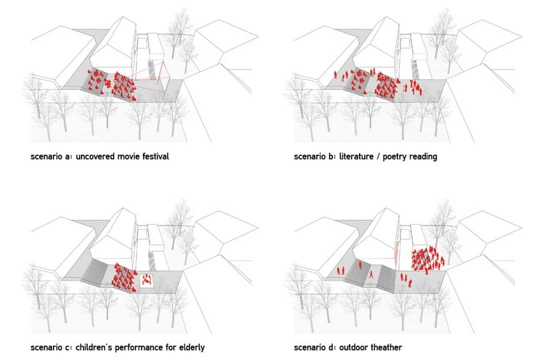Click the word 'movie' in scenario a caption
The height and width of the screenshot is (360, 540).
coord(128,156)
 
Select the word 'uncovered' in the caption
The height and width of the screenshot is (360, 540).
coord(95,157)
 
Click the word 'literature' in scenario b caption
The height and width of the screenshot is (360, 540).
coord(356,156)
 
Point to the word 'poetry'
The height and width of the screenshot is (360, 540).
coord(395,157)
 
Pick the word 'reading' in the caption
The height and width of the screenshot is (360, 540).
coord(424,157)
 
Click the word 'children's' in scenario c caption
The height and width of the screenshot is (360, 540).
coord(93,347)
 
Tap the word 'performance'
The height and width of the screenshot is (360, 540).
coord(138,348)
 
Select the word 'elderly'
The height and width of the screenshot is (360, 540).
coord(192,348)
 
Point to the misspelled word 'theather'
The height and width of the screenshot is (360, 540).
coord(386,347)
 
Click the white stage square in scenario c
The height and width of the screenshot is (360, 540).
coord(147,279)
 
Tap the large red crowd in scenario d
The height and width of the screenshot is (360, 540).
coord(428,259)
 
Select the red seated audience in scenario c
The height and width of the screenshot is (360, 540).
coord(125,278)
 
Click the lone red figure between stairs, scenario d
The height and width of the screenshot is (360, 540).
coord(371,275)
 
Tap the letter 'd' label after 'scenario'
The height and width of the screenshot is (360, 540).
coord(331,347)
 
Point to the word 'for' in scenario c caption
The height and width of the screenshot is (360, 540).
coord(171,347)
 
